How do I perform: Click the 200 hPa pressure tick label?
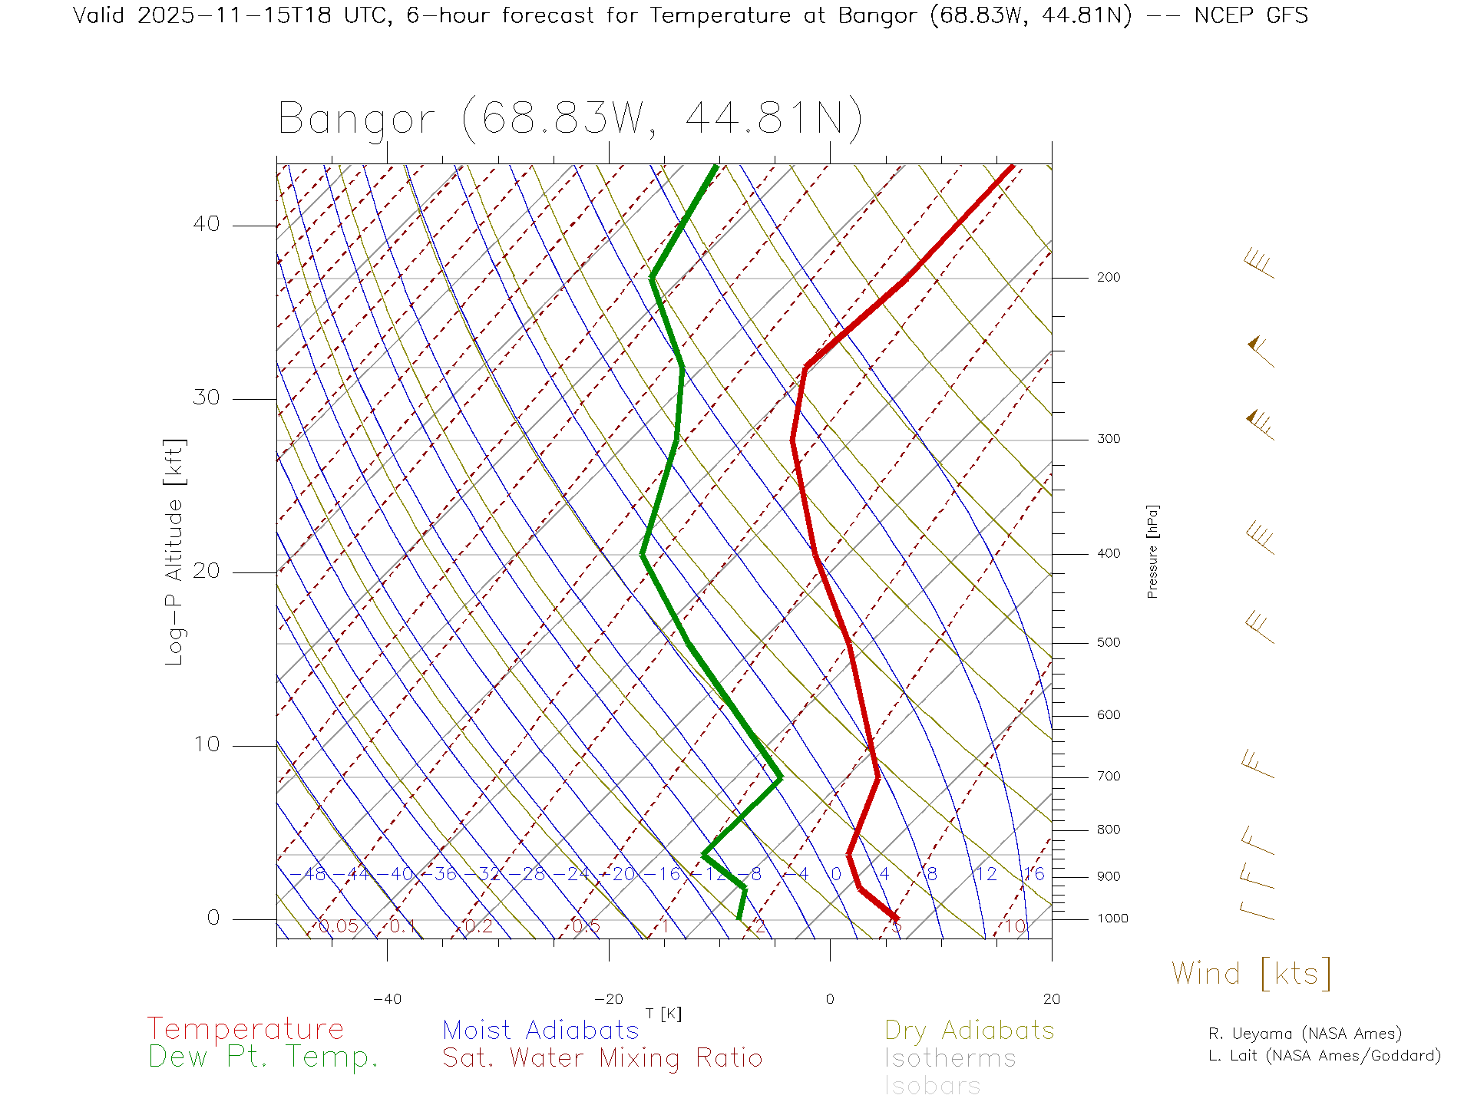1108,278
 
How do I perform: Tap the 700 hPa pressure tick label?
1108,777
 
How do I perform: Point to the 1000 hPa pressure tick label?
1112,919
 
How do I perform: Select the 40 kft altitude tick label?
206,224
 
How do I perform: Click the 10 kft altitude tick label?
206,744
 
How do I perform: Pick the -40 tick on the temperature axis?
387,999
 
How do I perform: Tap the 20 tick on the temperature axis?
1051,999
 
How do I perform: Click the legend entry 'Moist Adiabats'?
540,1031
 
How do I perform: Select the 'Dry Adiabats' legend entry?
969,1031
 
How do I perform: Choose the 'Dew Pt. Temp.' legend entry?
263,1058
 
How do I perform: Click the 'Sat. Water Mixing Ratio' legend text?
602,1058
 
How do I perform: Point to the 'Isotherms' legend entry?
950,1059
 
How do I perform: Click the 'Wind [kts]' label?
1251,974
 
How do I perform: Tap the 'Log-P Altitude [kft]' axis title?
175,552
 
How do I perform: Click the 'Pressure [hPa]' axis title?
1152,551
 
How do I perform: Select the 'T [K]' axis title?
663,1014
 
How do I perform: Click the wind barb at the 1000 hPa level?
1258,912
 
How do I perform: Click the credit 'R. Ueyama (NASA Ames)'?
1304,1034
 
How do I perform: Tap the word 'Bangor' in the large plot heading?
357,120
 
